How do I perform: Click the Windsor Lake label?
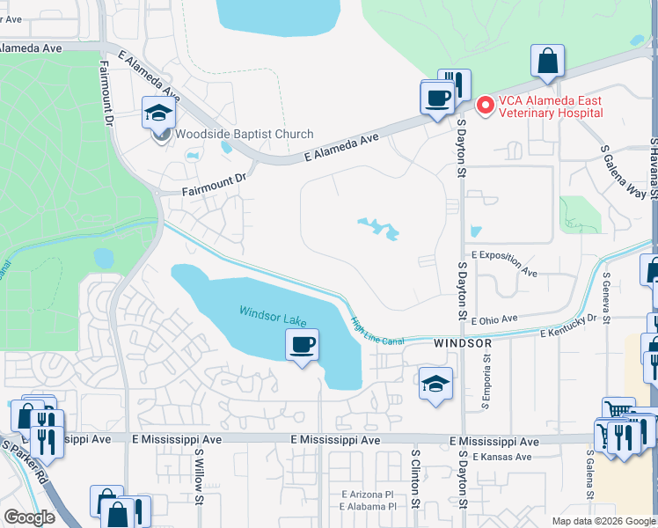coord(273,314)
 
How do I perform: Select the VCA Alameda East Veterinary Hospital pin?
coord(483,106)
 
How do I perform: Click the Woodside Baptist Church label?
coord(244,135)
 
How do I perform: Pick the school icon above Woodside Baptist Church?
coord(159,114)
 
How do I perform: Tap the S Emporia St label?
coord(485,385)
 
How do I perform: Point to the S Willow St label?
coord(200,488)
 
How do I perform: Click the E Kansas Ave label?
coord(502,457)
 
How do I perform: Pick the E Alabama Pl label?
coord(368,507)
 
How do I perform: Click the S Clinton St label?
coord(414,482)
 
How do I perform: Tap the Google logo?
coord(29,517)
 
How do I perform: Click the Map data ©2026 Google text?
coord(603,521)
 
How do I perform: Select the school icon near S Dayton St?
coord(435,384)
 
